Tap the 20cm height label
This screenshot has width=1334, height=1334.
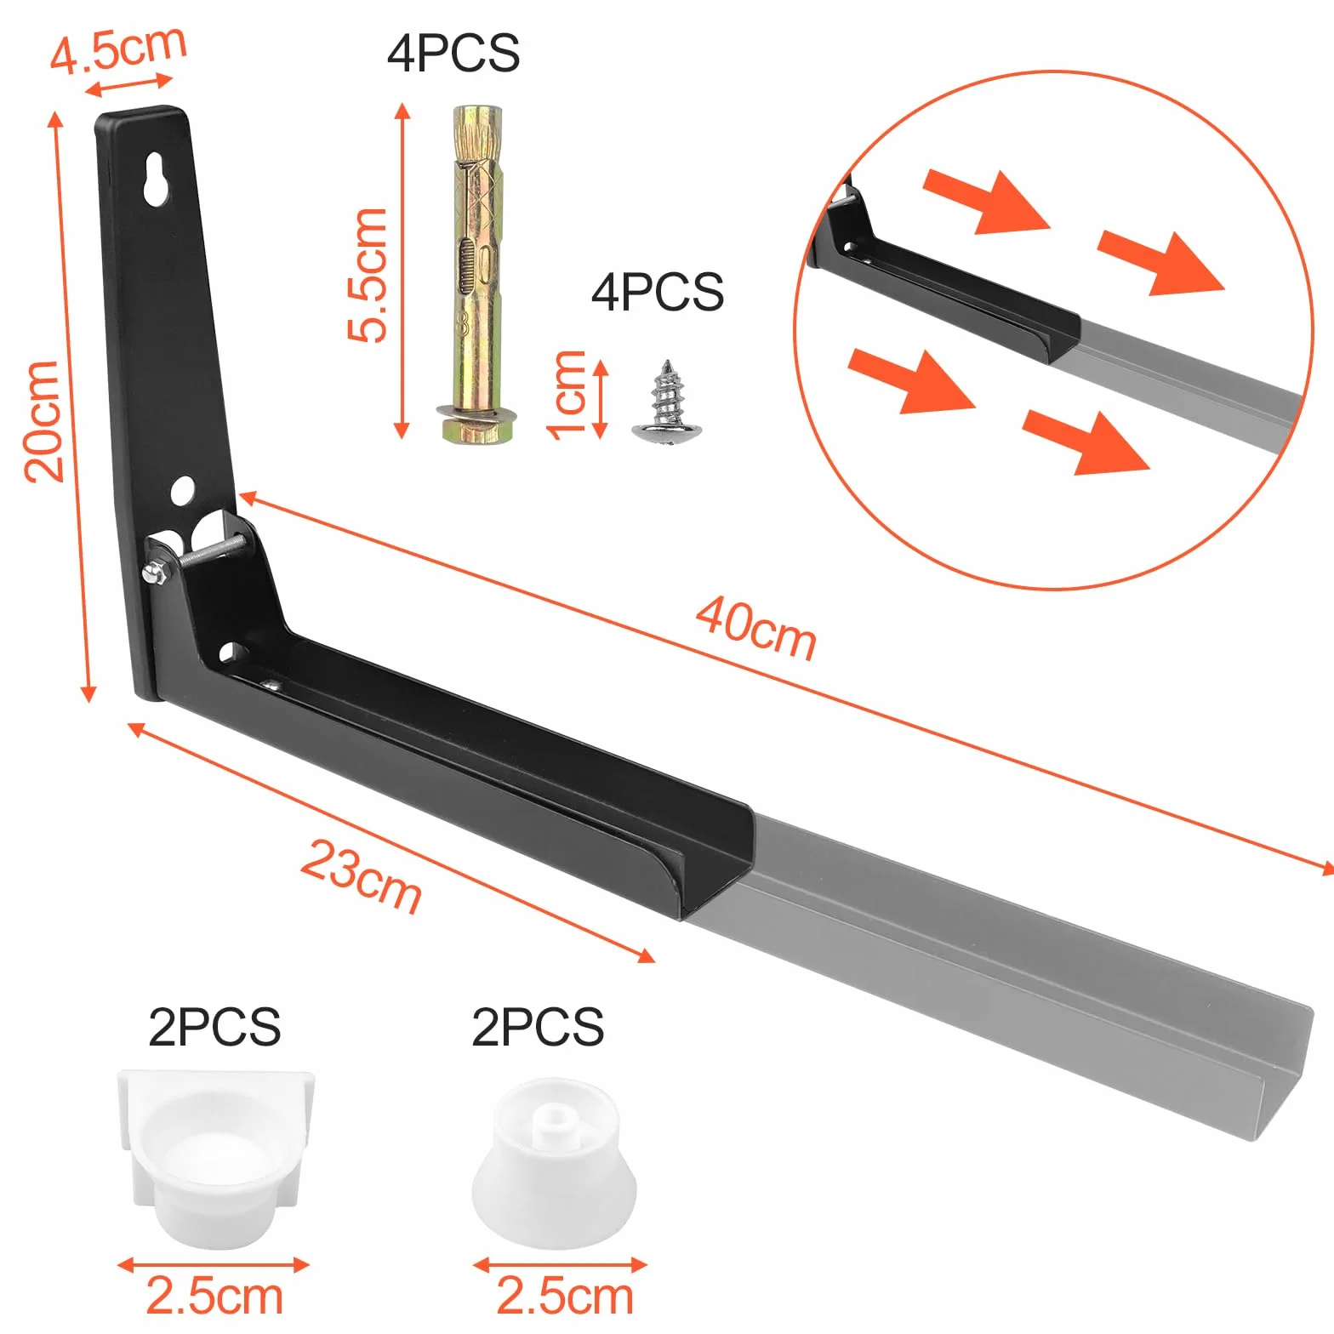click(x=43, y=421)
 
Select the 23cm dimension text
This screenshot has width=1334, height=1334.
click(x=361, y=876)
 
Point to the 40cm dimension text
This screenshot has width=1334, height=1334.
click(x=756, y=629)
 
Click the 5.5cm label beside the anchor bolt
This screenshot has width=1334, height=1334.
click(x=368, y=275)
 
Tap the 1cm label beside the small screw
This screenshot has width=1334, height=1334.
click(x=566, y=396)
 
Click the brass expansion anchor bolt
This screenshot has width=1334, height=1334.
click(x=477, y=274)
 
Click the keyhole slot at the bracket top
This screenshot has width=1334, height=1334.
click(x=157, y=179)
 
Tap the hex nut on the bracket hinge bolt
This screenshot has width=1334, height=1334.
click(x=154, y=573)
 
